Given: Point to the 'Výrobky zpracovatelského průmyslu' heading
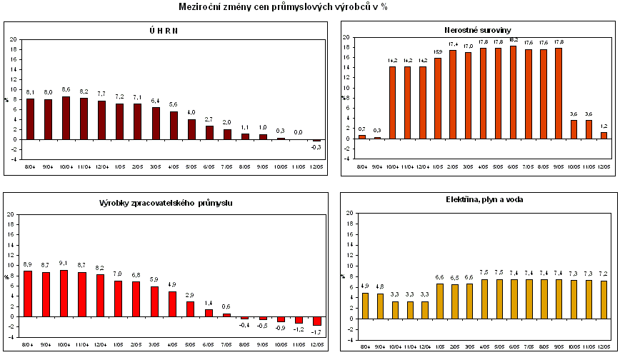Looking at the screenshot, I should [x=166, y=204].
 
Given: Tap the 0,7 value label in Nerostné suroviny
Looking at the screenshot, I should [x=361, y=129].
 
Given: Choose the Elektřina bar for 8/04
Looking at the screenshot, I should [x=365, y=304].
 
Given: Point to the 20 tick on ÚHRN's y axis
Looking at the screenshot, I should [x=14, y=38].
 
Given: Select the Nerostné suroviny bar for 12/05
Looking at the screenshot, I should [x=604, y=135].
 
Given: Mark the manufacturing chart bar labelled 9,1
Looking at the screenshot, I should [x=64, y=293].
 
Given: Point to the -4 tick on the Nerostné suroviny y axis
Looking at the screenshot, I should [x=346, y=159].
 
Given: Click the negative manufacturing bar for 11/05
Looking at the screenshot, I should [x=299, y=319].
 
